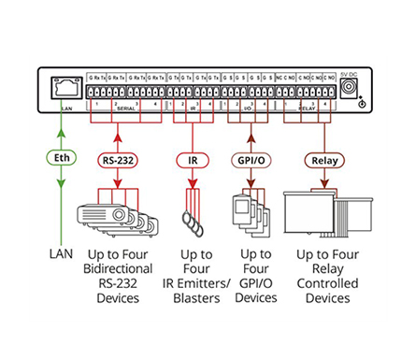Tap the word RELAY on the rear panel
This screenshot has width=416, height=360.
(x=306, y=108)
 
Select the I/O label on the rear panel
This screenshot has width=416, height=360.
(x=247, y=108)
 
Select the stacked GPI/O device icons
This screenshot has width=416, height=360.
(x=248, y=213)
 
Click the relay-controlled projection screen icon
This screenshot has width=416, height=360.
(x=318, y=213)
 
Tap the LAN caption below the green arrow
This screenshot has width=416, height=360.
(x=63, y=253)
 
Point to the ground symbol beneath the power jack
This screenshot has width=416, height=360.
(x=362, y=103)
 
